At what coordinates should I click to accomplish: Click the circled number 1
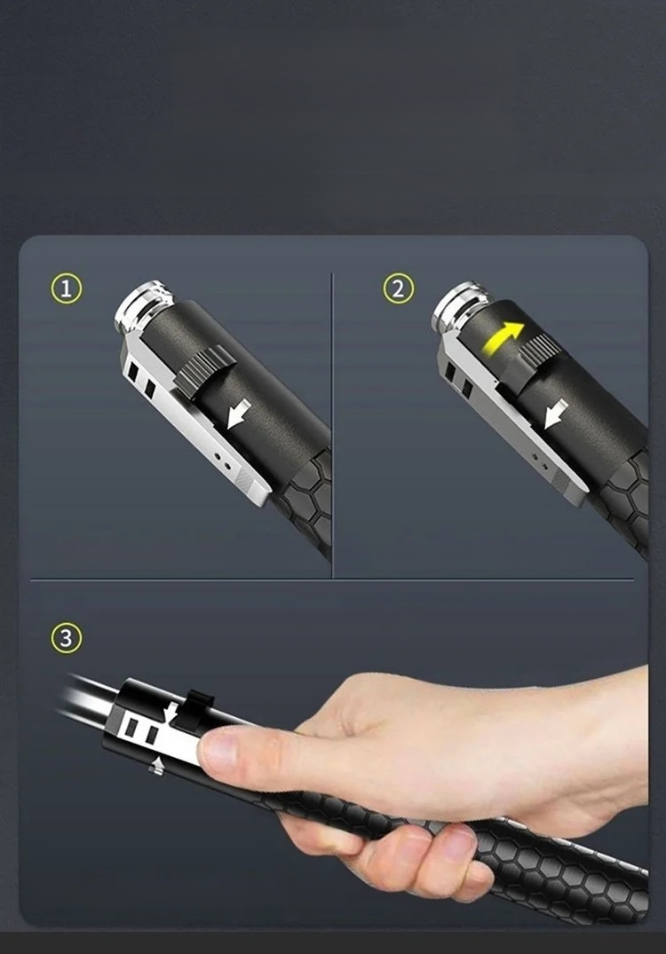tap(66, 288)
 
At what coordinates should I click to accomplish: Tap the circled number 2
tap(398, 288)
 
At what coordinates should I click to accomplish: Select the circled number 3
tap(66, 638)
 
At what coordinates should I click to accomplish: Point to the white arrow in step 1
tap(239, 414)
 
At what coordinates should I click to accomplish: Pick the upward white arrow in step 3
tap(156, 766)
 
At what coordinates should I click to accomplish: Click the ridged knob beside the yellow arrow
tap(539, 348)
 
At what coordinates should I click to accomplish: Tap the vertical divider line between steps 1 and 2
tap(332, 425)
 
